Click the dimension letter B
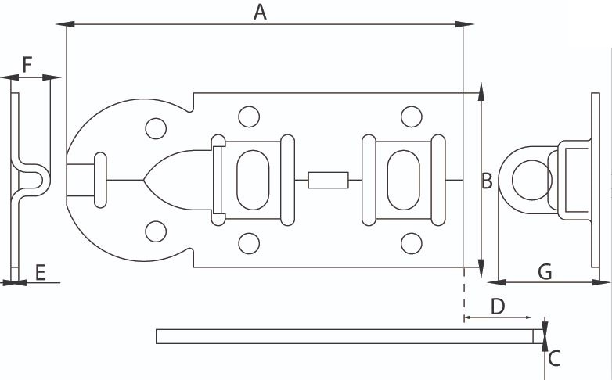pyautogui.click(x=487, y=181)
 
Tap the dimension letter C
pyautogui.click(x=554, y=359)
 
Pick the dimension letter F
pyautogui.click(x=27, y=64)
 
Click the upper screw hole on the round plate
pyautogui.click(x=155, y=128)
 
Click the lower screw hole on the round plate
pyautogui.click(x=156, y=232)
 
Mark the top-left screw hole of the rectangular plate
pyautogui.click(x=249, y=117)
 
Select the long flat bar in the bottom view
pyautogui.click(x=344, y=336)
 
